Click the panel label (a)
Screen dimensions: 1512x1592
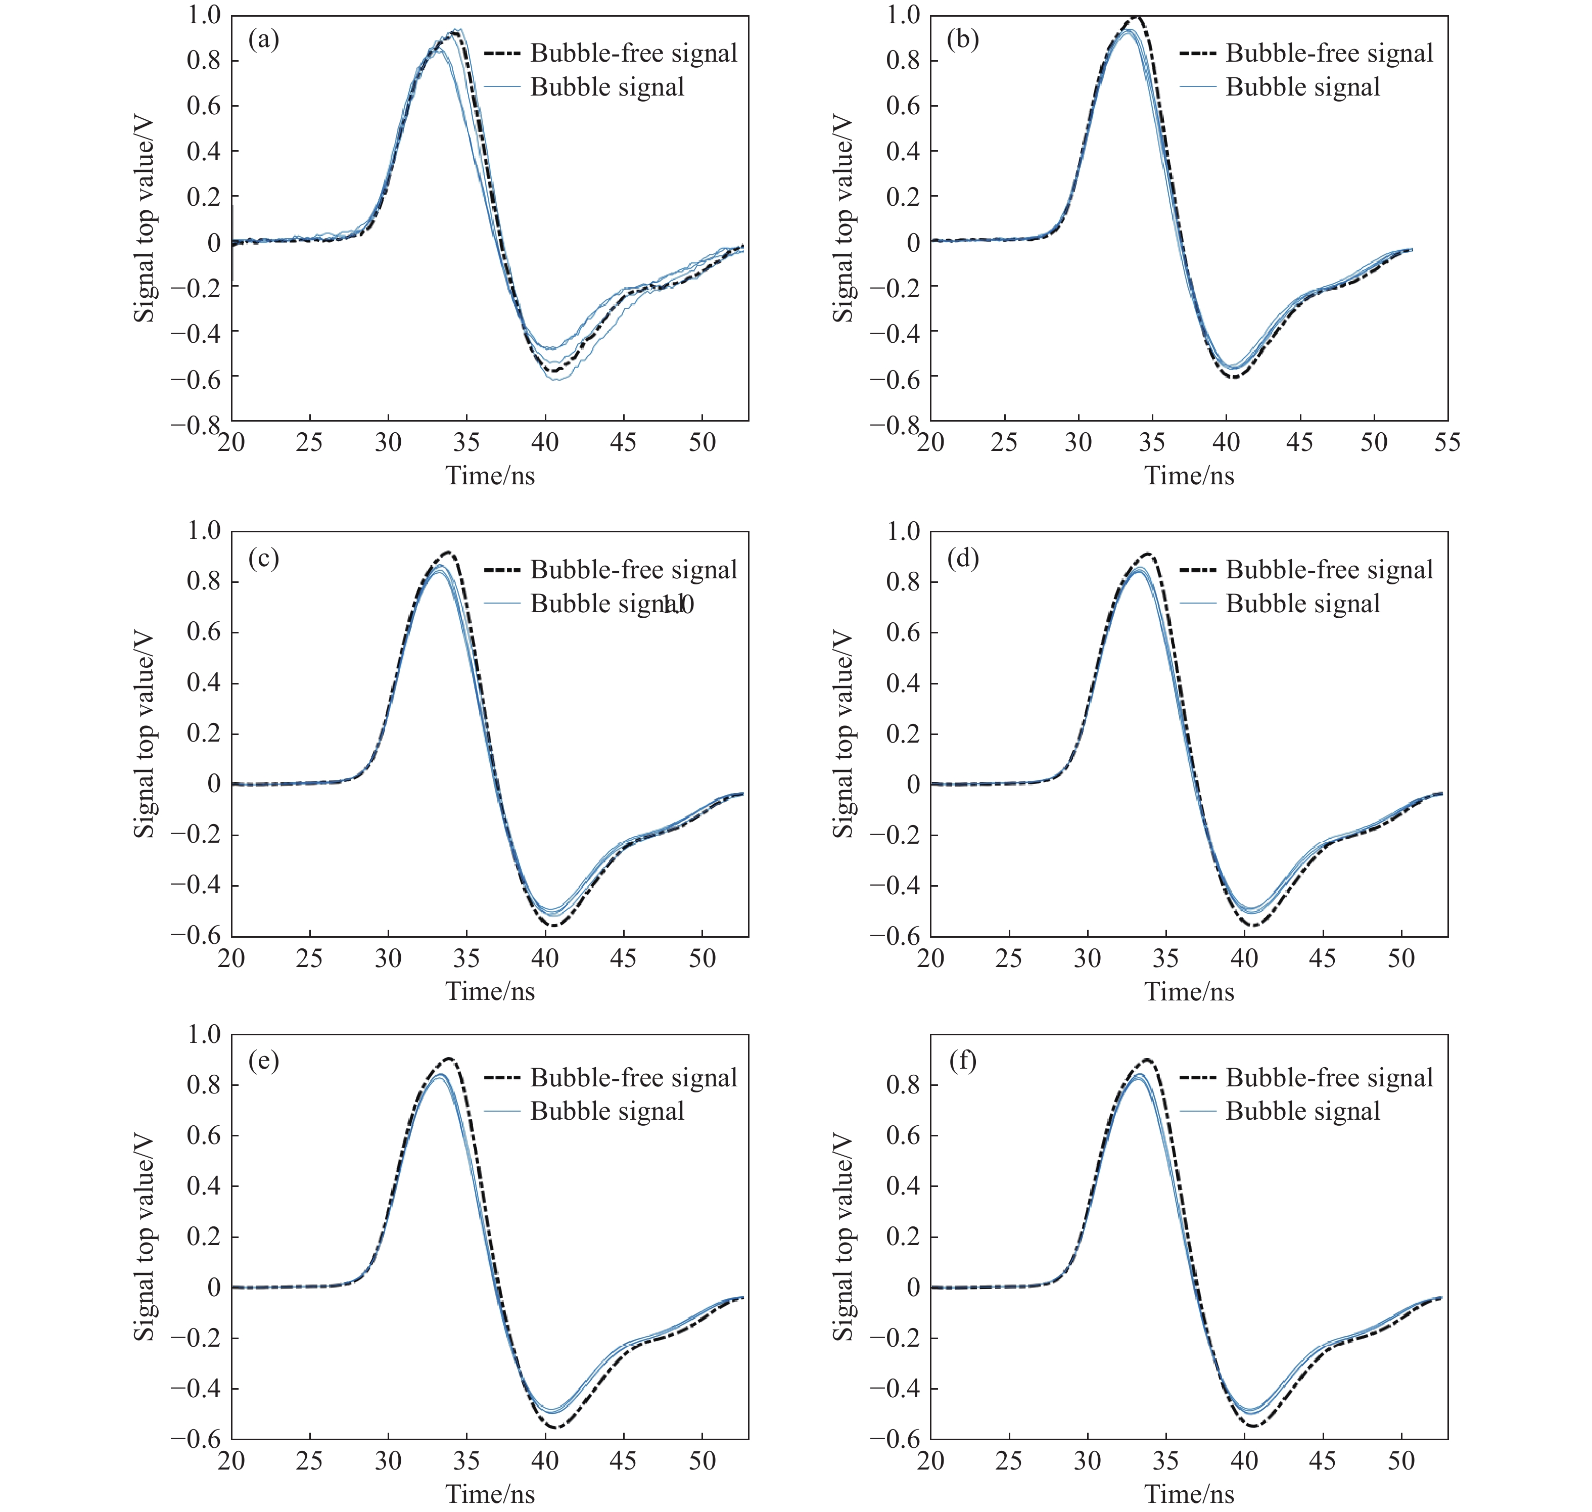[x=263, y=39]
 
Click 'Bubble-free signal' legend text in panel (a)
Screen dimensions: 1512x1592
[x=633, y=53]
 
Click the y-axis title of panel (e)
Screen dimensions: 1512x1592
[x=144, y=1237]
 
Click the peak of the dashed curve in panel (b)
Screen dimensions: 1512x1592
[x=1136, y=17]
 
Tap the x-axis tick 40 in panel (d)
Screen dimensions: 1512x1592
[x=1244, y=958]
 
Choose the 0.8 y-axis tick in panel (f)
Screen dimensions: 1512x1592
[x=902, y=1085]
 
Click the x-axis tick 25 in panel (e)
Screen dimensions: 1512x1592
[x=309, y=1460]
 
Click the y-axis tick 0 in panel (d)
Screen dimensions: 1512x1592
[x=913, y=784]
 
